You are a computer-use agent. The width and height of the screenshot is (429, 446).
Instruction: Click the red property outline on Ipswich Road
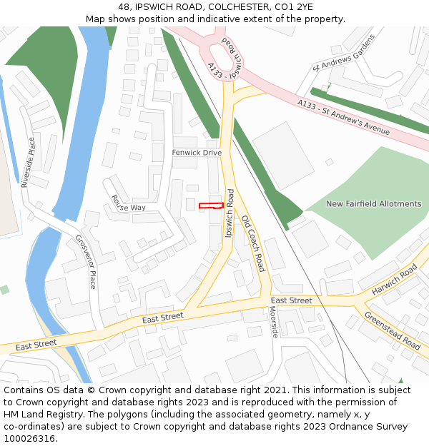pos(211,206)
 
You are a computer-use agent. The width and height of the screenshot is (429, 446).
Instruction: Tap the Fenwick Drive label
pos(197,153)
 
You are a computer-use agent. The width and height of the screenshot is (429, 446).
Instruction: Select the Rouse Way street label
pos(128,203)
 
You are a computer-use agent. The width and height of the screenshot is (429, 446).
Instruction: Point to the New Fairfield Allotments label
pos(373,204)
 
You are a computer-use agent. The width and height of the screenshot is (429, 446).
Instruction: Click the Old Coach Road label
pos(253,243)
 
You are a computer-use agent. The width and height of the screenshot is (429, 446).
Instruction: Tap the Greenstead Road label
pos(393,330)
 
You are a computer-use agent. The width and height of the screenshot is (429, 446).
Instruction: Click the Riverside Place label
pos(28,163)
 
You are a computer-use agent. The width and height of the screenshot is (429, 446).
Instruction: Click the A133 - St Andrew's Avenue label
pos(343,116)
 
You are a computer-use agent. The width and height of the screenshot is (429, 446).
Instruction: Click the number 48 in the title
pos(124,7)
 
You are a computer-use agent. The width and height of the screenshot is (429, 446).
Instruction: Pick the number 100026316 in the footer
pos(31,438)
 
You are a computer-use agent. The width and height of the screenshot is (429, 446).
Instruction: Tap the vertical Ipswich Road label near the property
pos(230,213)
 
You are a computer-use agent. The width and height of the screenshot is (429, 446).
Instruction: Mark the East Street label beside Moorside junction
pos(291,300)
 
